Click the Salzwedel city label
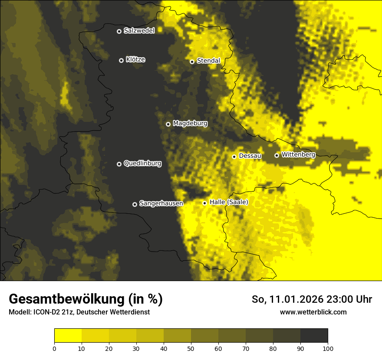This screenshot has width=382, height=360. click(x=139, y=31)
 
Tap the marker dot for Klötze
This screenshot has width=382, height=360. click(x=121, y=60)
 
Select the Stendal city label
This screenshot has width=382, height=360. click(x=208, y=61)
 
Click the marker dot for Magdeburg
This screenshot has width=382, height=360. click(x=168, y=124)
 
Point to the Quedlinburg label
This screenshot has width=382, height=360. click(x=142, y=164)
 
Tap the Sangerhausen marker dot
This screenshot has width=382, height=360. click(x=135, y=204)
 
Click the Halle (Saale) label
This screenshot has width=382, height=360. click(x=229, y=202)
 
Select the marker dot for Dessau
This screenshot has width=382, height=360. click(x=234, y=157)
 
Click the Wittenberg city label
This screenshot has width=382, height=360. click(x=298, y=154)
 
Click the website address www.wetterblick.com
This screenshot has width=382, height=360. click(x=313, y=312)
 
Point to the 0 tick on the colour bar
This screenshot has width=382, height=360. click(x=54, y=348)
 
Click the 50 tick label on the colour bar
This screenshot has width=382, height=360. click(x=191, y=348)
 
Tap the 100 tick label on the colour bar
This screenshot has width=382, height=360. click(x=328, y=348)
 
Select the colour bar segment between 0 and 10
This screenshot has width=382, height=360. click(x=68, y=336)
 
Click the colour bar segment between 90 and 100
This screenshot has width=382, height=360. click(x=314, y=336)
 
